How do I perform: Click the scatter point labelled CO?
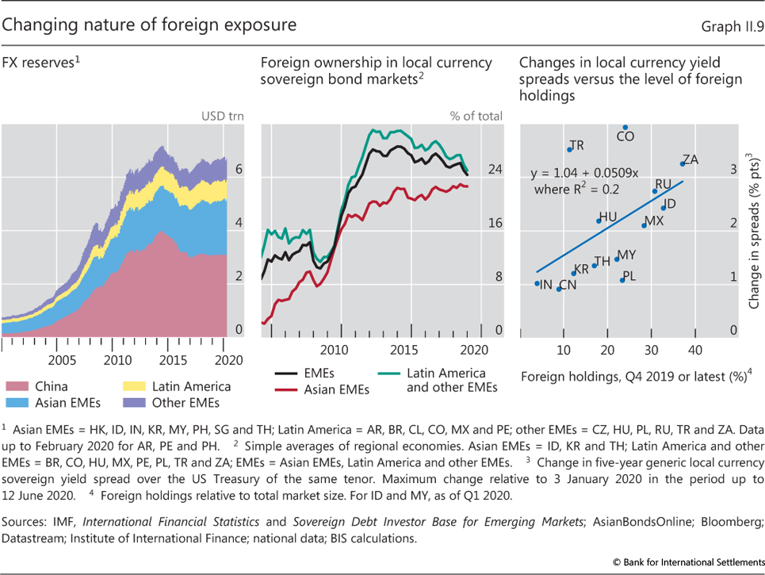tap(625, 127)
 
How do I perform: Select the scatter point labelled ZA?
tap(682, 163)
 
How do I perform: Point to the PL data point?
tap(622, 279)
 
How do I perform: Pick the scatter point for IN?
tap(537, 283)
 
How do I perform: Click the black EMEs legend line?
tap(290, 372)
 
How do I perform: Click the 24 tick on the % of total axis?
tap(495, 169)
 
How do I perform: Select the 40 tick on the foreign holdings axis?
tap(694, 350)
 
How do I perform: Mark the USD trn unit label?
tap(221, 116)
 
